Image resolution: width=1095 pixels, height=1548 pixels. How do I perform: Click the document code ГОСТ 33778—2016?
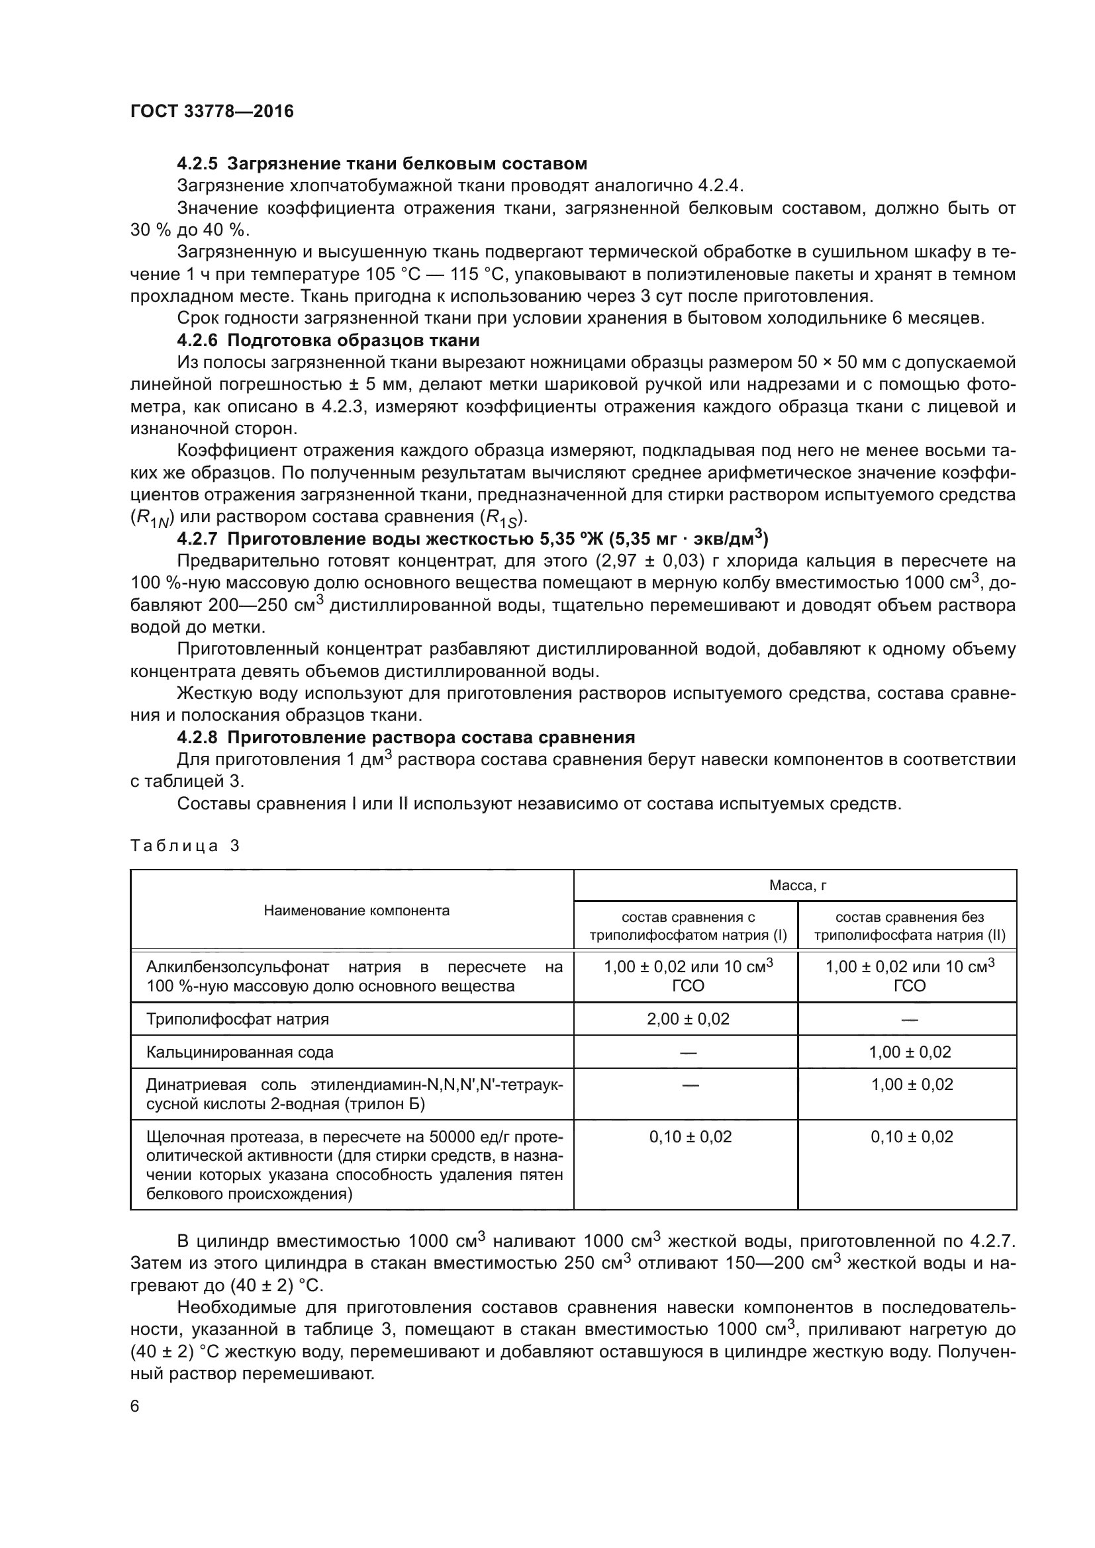coord(212,111)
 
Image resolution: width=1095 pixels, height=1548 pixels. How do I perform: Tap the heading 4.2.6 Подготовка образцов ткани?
coord(328,340)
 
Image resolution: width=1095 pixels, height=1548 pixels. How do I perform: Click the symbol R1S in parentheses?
coord(502,518)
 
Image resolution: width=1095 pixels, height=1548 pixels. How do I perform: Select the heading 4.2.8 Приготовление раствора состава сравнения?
coord(405,737)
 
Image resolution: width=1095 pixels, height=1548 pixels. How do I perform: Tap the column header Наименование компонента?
coord(356,911)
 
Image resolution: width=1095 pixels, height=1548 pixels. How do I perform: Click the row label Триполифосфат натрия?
coord(238,1019)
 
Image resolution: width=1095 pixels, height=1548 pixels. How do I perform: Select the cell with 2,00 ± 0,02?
coord(688,1019)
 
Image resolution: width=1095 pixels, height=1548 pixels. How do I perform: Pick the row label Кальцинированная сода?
coord(240,1052)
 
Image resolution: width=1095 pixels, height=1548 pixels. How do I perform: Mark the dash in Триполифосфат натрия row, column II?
coord(910,1019)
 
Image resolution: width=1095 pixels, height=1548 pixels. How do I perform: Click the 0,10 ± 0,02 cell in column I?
coord(690,1137)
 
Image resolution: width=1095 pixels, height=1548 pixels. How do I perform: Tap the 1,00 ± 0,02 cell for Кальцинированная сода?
coord(910,1052)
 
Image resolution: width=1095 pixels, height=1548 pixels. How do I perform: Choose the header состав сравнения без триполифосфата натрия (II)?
coord(910,927)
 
